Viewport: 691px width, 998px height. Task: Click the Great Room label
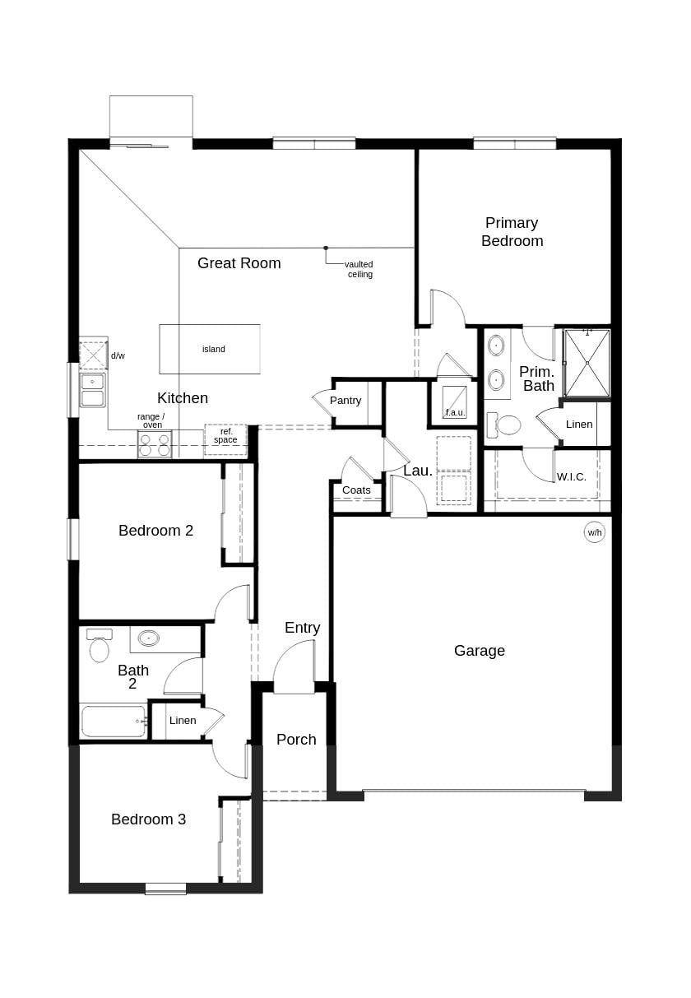coord(239,263)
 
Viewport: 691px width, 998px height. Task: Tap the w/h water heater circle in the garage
coord(594,532)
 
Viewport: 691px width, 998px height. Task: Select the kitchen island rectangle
coord(210,349)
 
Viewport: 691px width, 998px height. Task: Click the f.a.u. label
coord(455,412)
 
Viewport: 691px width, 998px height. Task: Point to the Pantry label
coord(345,401)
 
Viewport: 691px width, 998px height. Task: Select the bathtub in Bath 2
coord(114,722)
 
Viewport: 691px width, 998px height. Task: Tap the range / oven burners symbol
coord(155,445)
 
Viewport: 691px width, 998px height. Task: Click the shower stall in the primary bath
coord(587,363)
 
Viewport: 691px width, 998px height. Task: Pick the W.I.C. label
coord(572,477)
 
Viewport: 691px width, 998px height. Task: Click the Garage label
coord(480,651)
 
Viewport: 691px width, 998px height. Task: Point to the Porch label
coord(296,740)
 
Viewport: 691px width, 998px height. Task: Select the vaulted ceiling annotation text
coord(359,269)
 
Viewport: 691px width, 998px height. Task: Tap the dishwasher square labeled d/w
coord(93,355)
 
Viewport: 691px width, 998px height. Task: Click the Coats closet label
coord(356,490)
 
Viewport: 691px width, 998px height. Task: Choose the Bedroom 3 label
coord(148,819)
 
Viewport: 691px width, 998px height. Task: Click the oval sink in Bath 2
coord(149,638)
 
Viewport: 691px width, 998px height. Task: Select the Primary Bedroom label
coord(512,232)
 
